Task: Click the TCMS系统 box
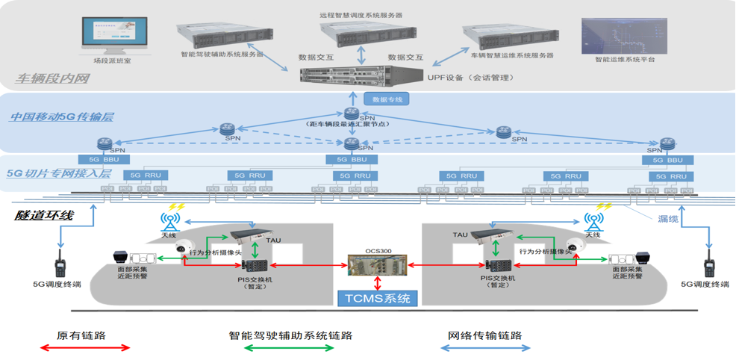pyautogui.click(x=377, y=299)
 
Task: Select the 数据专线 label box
pyautogui.click(x=386, y=99)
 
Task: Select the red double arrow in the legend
pyautogui.click(x=84, y=348)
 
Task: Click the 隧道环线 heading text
pyautogui.click(x=45, y=215)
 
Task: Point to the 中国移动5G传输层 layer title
pyautogui.click(x=56, y=117)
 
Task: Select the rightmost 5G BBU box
pyautogui.click(x=667, y=160)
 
